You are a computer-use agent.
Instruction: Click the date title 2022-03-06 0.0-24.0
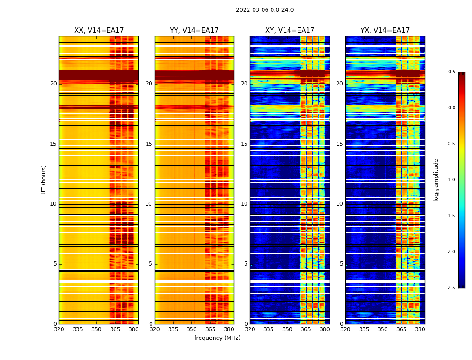tap(265, 10)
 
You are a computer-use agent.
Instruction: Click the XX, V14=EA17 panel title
tap(99, 31)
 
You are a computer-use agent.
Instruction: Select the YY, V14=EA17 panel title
tap(194, 31)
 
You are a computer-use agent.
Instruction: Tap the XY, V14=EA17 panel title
tap(289, 31)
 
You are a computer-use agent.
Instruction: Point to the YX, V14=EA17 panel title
tap(385, 31)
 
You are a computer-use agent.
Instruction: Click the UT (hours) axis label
tap(44, 180)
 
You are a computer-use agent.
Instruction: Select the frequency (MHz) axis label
tap(217, 338)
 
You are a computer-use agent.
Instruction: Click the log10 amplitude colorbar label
tap(436, 180)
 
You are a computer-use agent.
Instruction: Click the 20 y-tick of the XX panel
tap(53, 84)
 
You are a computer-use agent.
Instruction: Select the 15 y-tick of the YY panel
tap(149, 144)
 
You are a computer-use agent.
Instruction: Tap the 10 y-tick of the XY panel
tap(244, 204)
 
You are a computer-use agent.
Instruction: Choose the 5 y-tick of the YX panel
tap(341, 264)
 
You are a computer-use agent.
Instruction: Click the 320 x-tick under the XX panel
tap(59, 329)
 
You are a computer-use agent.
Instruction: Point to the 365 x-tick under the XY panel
tap(306, 329)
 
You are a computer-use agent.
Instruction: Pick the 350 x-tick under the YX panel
tap(383, 329)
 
